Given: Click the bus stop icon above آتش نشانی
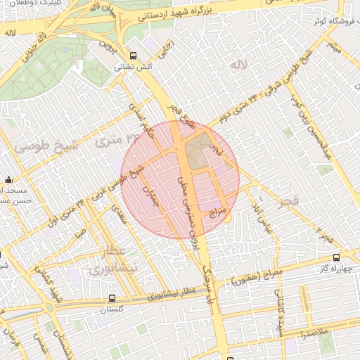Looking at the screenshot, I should (133, 55).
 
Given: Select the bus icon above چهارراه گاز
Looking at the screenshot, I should (337, 257).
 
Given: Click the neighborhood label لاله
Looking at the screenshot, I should (240, 64).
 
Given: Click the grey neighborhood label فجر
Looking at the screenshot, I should (288, 202).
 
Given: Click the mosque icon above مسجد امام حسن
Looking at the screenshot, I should (8, 179).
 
